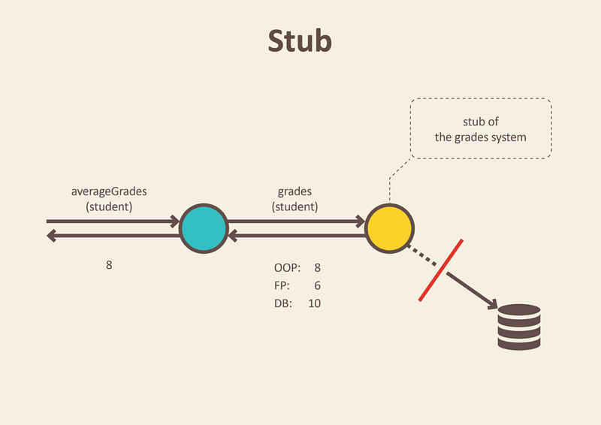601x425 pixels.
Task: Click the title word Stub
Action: point(300,41)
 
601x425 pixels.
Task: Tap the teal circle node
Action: point(204,228)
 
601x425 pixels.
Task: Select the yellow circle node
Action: point(389,228)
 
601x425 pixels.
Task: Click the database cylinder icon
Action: point(519,327)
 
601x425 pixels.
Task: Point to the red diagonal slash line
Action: point(441,270)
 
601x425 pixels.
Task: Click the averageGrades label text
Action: point(109,191)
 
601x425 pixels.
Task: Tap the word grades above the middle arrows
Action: point(294,191)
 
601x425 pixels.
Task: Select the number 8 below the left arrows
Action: point(109,265)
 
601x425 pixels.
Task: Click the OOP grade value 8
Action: point(317,267)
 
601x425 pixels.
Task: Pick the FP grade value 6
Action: point(317,285)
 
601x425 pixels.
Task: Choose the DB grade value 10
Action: point(314,303)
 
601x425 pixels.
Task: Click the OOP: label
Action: point(288,267)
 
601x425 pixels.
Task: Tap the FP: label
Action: point(282,285)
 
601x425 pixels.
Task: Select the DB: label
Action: point(283,303)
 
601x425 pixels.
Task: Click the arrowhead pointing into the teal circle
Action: point(175,221)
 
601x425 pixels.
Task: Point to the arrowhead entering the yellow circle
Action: point(361,221)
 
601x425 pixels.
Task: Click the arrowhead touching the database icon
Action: point(492,304)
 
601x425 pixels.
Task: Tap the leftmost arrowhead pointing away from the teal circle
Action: point(52,236)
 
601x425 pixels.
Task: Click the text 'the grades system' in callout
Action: point(480,137)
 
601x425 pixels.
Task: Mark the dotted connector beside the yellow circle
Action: point(421,255)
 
